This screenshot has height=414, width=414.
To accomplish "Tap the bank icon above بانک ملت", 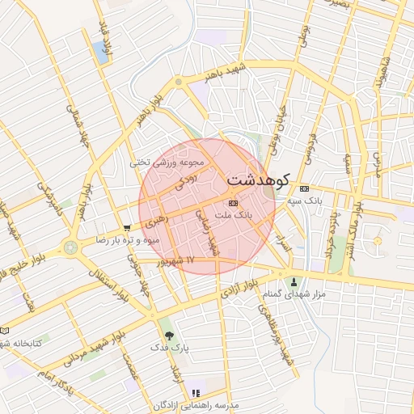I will (234, 203).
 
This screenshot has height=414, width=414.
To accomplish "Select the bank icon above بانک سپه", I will (304, 188).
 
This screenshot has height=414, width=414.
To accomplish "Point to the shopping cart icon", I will (126, 228).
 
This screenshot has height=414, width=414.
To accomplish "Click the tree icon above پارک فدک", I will (168, 335).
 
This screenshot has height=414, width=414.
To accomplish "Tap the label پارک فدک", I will (168, 347).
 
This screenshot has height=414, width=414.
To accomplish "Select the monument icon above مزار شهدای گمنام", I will (294, 282).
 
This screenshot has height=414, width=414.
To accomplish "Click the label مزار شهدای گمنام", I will (294, 294).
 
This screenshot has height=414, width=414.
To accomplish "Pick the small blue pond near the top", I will (102, 52).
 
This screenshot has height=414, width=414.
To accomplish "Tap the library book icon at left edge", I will (4, 331).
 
